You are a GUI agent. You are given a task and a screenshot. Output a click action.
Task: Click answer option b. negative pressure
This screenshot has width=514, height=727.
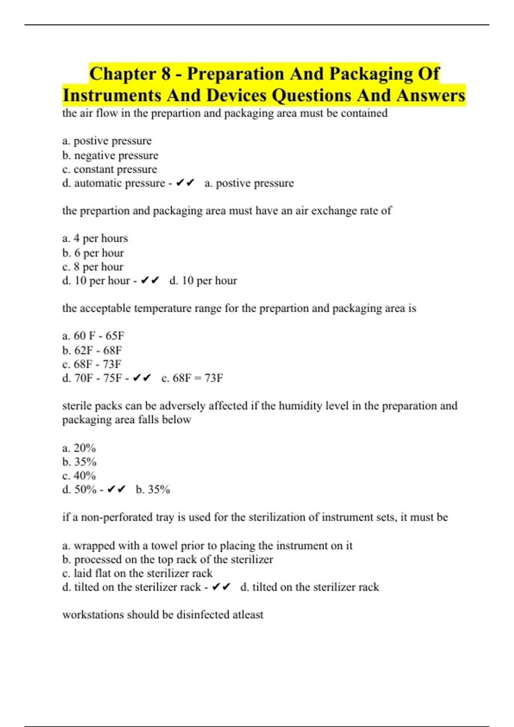[x=110, y=155]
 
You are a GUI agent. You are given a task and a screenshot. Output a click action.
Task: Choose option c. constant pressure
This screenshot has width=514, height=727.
[x=110, y=169]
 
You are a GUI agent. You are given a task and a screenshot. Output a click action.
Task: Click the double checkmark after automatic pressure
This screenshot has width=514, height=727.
[x=185, y=183]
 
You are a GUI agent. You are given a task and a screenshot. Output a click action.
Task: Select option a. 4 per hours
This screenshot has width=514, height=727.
[x=95, y=238]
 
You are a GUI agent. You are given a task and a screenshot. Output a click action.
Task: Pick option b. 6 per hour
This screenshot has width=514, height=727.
[x=93, y=253]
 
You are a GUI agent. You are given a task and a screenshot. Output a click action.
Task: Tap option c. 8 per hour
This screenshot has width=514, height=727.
[x=93, y=267]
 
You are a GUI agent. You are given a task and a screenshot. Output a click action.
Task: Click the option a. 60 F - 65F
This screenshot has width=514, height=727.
[x=93, y=336]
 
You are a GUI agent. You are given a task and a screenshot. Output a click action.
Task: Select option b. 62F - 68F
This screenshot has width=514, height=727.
[x=92, y=350]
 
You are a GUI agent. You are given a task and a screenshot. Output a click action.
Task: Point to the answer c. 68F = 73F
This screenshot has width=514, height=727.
[x=192, y=378]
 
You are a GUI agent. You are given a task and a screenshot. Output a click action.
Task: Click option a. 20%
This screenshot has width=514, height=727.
[x=79, y=448]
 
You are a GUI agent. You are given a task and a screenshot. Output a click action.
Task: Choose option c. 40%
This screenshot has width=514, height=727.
[x=79, y=476]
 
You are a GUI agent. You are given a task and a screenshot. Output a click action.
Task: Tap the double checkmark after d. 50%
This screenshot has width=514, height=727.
[x=116, y=489]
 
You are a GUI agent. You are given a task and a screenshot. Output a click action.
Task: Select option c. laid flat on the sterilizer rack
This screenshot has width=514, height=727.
[x=137, y=573]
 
